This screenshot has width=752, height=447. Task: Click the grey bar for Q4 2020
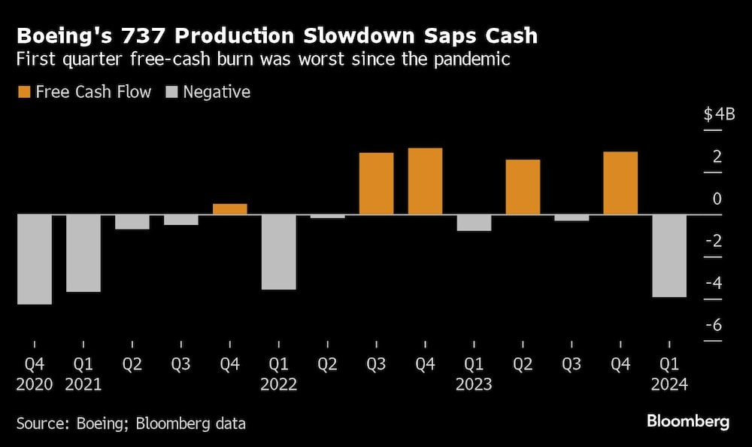coord(35,260)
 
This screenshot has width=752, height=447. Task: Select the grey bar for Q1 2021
coord(83,253)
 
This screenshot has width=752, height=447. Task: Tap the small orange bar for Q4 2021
coord(230,209)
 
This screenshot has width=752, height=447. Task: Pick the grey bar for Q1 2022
coord(279,252)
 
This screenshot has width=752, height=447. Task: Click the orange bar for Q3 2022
coord(377,184)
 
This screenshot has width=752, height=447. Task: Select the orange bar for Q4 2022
coord(426,181)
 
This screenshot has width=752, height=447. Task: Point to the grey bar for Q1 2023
coord(475,223)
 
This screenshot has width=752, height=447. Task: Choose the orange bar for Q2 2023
coord(523,187)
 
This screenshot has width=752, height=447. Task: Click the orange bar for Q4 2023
coord(620,184)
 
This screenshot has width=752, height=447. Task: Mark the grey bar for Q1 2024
coord(669,256)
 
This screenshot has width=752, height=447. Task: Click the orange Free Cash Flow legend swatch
coord(24,93)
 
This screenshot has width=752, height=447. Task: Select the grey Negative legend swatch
coord(170,93)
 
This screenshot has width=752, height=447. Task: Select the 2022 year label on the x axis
coord(279,385)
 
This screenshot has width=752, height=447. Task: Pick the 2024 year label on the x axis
coord(669,385)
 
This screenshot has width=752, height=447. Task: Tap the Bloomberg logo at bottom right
coord(687,421)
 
